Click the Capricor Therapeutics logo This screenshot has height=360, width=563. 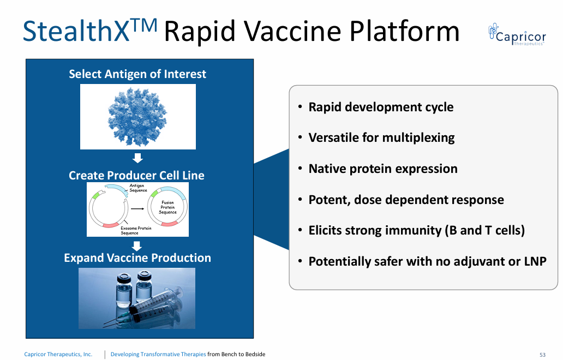(517, 34)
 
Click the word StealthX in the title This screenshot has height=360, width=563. (76, 31)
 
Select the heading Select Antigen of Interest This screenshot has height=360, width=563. (137, 74)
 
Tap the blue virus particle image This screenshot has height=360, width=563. (137, 117)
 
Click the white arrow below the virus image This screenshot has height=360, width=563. (137, 158)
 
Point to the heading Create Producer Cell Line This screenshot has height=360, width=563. (136, 175)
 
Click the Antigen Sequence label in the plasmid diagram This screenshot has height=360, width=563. (138, 188)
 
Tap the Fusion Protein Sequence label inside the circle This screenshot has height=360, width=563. (167, 207)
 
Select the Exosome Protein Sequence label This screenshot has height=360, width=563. (136, 230)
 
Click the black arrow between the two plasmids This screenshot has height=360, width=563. (137, 208)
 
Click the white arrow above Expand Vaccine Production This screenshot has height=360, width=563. (137, 246)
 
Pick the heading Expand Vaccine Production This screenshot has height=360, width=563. (137, 257)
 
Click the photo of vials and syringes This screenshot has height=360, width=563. (137, 298)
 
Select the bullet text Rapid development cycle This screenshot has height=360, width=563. (381, 107)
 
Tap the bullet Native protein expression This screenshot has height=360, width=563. (383, 169)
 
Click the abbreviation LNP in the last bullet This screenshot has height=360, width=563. (535, 261)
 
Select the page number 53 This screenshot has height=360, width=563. (542, 355)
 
